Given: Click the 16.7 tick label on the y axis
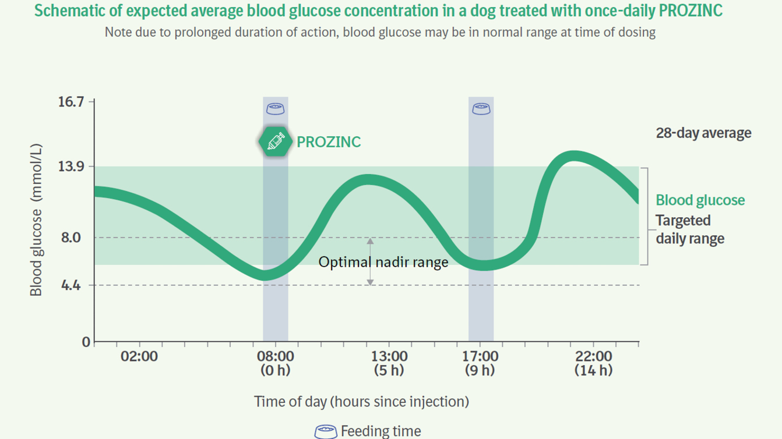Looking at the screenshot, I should point(71,102).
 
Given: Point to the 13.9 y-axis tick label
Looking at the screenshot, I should point(71,167).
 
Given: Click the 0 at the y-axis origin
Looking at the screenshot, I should point(86,342).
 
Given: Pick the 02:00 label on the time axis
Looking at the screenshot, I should point(139,356).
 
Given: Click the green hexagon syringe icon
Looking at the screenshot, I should point(276,141).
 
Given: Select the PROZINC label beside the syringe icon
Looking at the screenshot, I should point(329,142).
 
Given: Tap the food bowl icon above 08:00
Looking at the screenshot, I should point(276,109).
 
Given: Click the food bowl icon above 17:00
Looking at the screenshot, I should point(481,109).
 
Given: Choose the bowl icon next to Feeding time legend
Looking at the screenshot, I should point(326,431).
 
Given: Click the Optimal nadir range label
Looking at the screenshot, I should point(383,262).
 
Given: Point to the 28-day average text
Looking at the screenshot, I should point(703,133).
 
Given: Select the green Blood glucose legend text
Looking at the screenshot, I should point(700,200).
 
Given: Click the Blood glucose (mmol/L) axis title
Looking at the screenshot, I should point(36,220).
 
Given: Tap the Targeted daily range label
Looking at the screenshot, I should point(690,229).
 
